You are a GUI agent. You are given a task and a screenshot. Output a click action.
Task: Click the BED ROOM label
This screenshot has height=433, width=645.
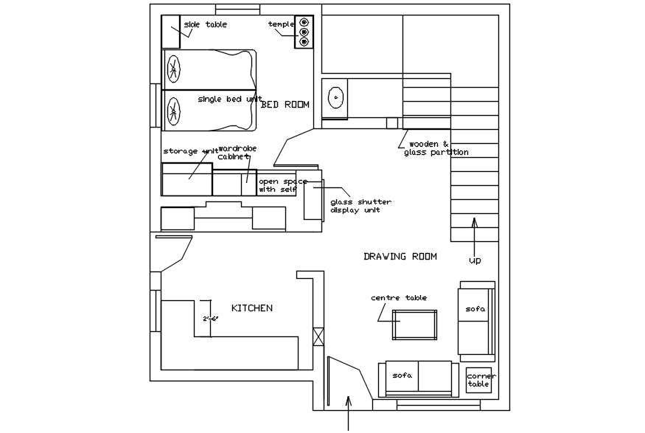286,105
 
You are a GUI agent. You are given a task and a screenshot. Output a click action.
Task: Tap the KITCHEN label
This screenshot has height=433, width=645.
252,308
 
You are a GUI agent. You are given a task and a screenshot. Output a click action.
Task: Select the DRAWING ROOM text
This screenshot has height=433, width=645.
400,257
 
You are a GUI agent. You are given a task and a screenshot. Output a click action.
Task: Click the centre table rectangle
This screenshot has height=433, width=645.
414,325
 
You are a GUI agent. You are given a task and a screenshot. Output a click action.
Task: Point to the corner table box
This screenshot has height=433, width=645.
478,381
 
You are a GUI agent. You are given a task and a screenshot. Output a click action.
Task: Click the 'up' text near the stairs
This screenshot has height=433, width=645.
475,260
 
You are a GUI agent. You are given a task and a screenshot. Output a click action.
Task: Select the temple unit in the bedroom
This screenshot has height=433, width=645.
304,32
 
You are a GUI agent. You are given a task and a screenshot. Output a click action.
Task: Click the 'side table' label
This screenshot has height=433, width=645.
206,25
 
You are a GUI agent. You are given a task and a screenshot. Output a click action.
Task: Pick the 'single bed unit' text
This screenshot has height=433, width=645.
229,99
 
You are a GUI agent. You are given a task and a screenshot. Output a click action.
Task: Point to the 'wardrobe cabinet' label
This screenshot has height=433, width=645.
237,153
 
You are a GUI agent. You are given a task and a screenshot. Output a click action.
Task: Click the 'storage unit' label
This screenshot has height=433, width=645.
190,152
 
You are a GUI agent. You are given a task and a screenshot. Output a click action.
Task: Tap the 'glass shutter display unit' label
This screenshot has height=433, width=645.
360,206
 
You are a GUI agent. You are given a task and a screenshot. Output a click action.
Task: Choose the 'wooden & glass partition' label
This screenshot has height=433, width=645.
436,148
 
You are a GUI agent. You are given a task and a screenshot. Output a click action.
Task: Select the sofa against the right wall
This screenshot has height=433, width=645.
476,318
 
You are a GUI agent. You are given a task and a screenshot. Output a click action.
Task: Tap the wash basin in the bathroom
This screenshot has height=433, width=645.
335,97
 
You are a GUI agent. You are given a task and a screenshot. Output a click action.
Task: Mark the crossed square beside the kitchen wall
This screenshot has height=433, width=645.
318,336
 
